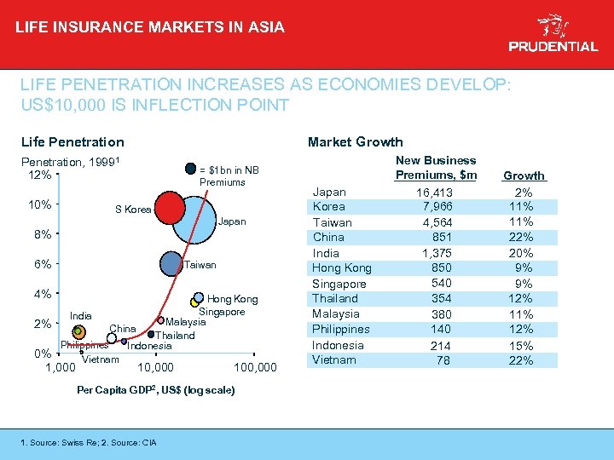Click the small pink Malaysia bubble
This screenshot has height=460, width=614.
point(160,321)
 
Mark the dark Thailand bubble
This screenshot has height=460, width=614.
point(151,334)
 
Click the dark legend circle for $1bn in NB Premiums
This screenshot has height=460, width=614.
point(190,169)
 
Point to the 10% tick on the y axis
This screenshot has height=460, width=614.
point(39,204)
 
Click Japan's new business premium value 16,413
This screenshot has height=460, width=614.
point(435,192)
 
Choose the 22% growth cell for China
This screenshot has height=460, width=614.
point(520,238)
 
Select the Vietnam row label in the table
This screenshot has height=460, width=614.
point(334,360)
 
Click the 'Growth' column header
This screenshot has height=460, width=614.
point(523,176)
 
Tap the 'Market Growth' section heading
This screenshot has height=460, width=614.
point(355,141)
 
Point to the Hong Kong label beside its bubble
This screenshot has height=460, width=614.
point(232,299)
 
